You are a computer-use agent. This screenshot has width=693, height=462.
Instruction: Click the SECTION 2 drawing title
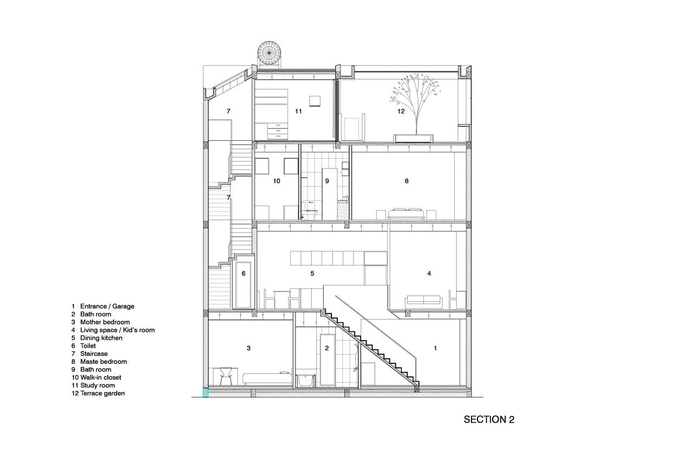[489, 420]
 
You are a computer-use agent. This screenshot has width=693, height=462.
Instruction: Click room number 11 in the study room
[298, 112]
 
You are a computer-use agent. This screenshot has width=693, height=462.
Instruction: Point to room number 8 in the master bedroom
[407, 181]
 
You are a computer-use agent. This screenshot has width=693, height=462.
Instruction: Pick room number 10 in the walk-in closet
[277, 181]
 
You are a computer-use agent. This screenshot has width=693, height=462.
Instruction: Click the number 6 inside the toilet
[244, 274]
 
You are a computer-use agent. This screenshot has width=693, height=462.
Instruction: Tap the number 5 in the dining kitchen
[312, 274]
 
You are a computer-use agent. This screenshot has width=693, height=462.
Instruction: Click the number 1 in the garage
[435, 348]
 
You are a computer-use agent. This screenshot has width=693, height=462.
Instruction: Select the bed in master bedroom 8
[406, 213]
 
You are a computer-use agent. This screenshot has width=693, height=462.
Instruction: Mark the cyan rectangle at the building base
[205, 393]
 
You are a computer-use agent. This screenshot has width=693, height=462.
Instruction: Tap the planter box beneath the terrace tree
[415, 138]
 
